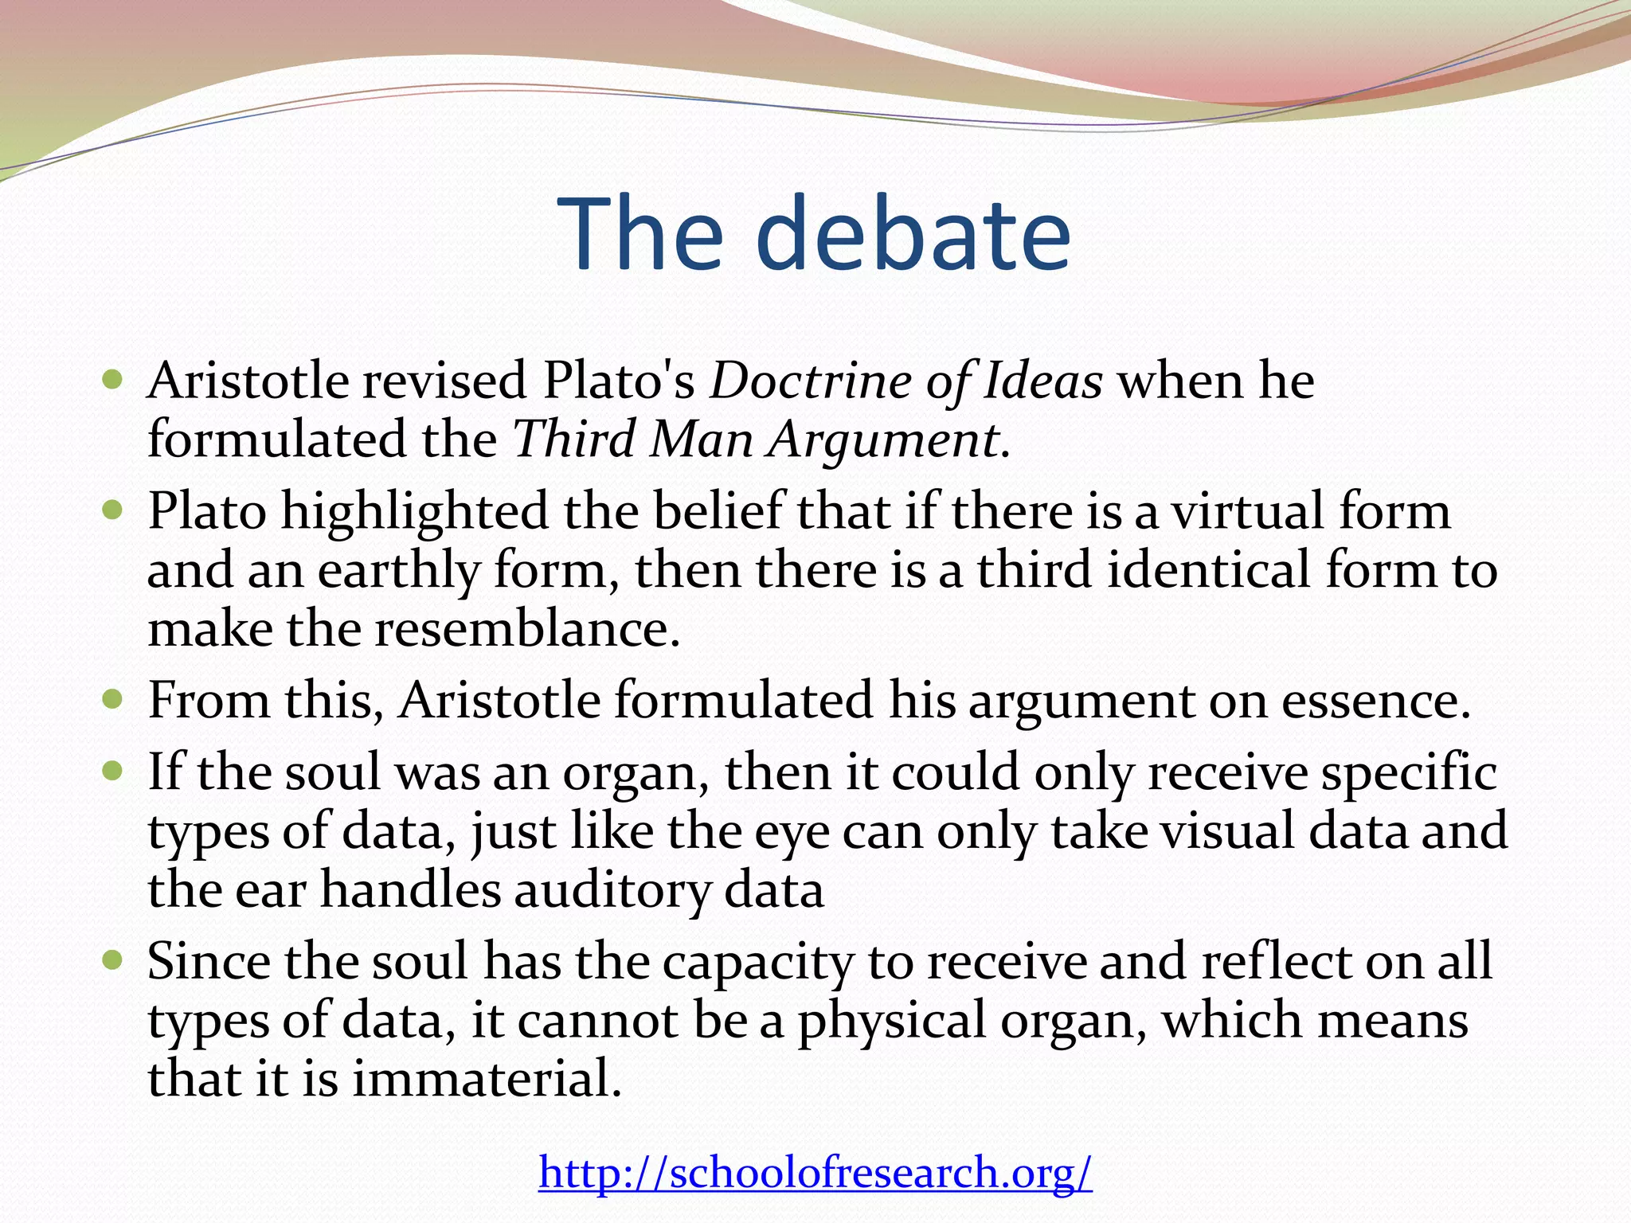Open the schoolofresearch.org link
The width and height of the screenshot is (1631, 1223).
pyautogui.click(x=815, y=1172)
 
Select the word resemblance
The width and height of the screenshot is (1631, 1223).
pyautogui.click(x=527, y=630)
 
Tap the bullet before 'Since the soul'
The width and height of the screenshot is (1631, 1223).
pyautogui.click(x=112, y=961)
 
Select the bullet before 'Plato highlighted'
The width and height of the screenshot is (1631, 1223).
pyautogui.click(x=112, y=510)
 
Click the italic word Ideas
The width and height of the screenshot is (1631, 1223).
pyautogui.click(x=1043, y=381)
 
